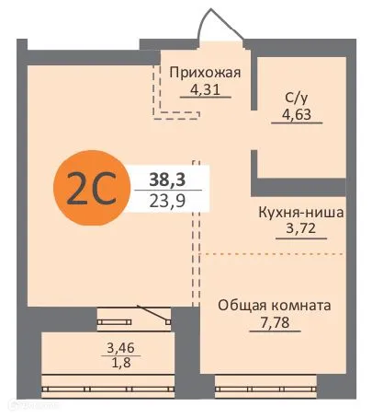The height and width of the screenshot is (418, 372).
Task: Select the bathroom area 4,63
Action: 297,116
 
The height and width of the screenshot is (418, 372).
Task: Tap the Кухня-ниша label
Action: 301,211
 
